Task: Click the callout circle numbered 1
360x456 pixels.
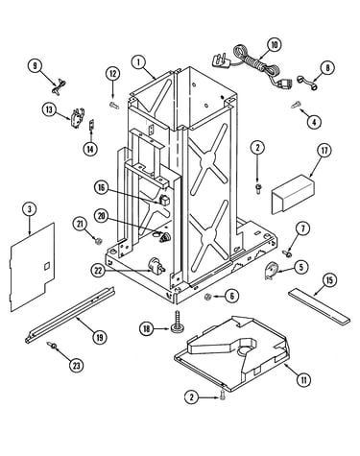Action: [139, 62]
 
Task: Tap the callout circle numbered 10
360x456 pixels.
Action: [275, 45]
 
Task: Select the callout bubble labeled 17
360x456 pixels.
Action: [324, 151]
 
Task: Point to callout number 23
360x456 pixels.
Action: [76, 365]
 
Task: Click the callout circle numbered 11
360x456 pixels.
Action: [303, 380]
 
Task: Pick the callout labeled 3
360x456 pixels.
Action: [30, 209]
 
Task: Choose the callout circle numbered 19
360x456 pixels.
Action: [99, 337]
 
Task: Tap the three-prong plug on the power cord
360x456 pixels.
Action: [220, 60]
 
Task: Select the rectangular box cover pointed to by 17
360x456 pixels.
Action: [293, 194]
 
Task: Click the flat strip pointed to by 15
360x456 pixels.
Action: [319, 306]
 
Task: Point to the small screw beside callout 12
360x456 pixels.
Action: [114, 106]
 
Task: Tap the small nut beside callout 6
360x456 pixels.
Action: [208, 298]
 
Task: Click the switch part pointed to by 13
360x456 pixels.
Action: [77, 117]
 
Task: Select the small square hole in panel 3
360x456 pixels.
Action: [47, 266]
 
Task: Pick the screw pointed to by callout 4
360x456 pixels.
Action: [296, 105]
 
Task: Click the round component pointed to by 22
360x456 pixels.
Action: [156, 266]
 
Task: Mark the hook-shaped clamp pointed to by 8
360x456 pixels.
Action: [306, 82]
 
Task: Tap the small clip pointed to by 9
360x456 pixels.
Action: [59, 86]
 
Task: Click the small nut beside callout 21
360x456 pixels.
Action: [99, 241]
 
